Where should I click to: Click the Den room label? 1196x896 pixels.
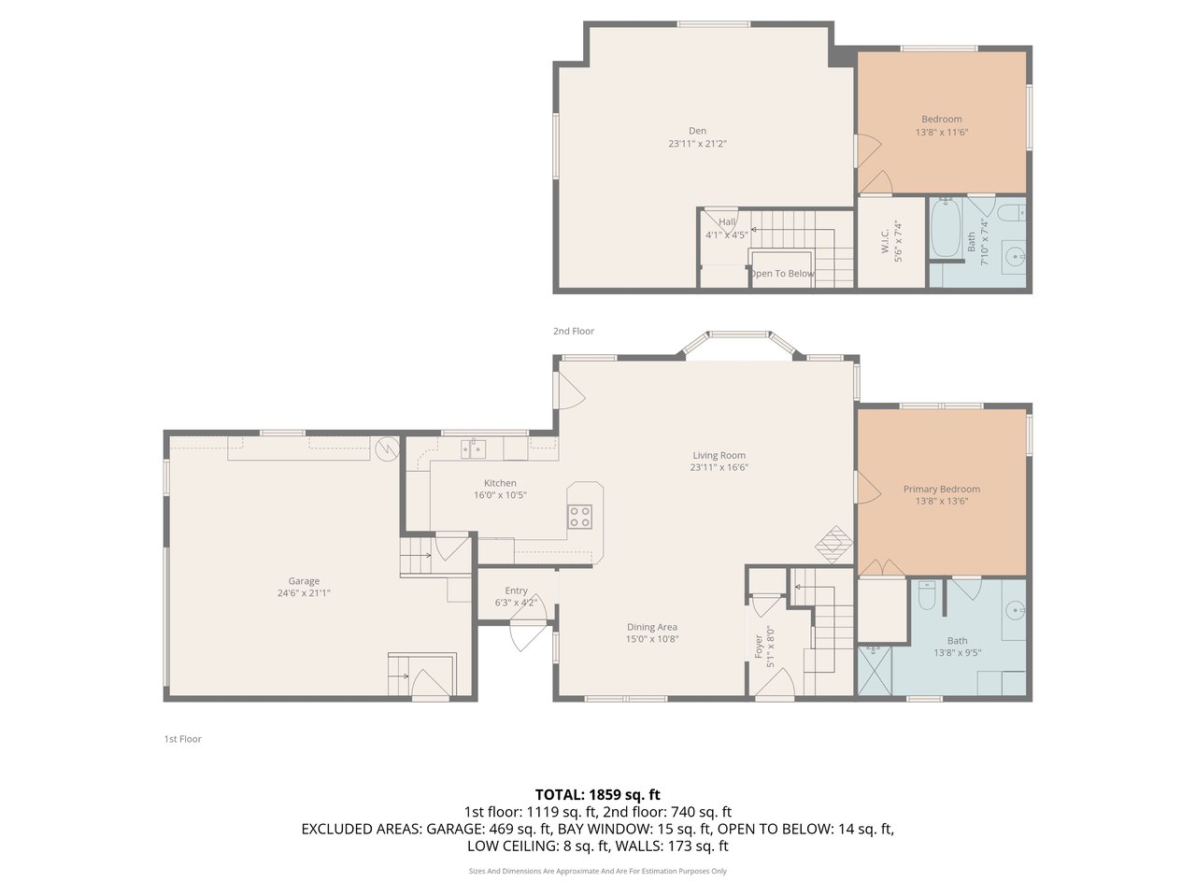coord(697,131)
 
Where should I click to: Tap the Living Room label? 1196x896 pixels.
coord(719,455)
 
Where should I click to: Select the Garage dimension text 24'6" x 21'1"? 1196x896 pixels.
coord(304,593)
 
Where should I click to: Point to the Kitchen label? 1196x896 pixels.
coord(500,483)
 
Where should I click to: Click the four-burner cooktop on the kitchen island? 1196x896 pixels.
coord(579,517)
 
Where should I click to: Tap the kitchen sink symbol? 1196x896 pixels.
coord(474,449)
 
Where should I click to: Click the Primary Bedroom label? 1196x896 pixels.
coord(942,490)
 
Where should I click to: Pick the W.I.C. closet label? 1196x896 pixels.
coord(885,241)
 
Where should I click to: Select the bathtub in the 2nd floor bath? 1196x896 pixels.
coord(946,228)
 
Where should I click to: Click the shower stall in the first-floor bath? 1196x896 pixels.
coord(875,670)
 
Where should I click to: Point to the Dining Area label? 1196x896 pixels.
coord(651,628)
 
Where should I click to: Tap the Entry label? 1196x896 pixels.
coord(516,590)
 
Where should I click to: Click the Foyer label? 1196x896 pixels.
coord(758,646)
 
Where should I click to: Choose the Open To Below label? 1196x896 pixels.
coord(782,274)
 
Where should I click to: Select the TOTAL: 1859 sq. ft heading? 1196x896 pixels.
coord(598,795)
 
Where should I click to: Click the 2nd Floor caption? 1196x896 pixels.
coord(573,331)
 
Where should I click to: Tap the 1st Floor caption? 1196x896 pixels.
coord(182,739)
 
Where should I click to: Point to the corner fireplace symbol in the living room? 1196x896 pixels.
coord(833,544)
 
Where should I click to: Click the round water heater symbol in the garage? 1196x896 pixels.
coord(387,449)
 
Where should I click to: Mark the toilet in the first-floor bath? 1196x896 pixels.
coord(926,595)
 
